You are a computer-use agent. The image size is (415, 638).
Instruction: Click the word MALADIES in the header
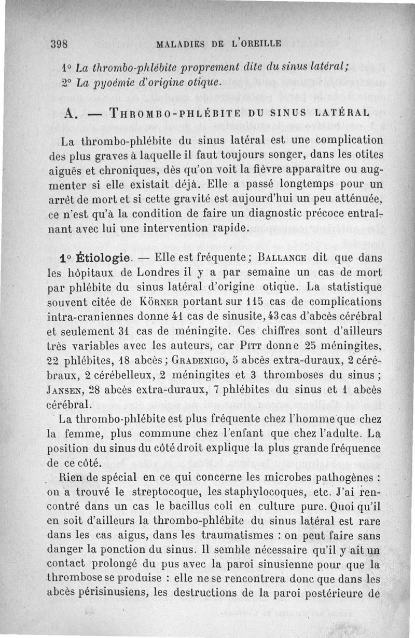(x=180, y=44)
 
